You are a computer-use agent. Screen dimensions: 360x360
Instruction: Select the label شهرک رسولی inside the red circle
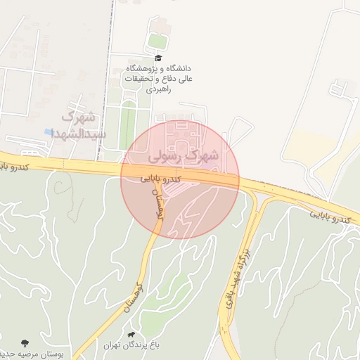[x=184, y=155]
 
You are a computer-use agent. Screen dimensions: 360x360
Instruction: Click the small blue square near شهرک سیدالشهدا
[x=48, y=131]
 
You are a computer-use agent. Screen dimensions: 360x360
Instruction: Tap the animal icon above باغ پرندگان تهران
[x=131, y=334]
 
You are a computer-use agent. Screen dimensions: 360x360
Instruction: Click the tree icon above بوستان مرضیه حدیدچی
[x=26, y=343]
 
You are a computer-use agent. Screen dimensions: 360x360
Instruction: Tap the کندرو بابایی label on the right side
[x=330, y=217]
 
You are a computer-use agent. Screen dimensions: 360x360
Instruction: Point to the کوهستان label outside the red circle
[x=129, y=299]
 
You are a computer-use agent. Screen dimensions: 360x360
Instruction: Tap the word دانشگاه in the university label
[x=177, y=69]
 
